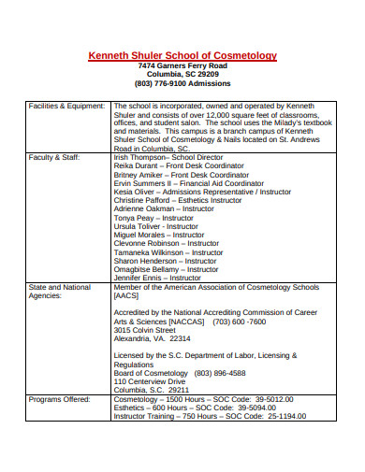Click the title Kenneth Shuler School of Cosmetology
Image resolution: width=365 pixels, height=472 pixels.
182,55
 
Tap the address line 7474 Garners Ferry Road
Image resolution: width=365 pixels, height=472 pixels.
182,68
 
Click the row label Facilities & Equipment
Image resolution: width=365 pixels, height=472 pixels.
66,106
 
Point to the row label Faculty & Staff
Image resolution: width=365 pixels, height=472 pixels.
55,157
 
